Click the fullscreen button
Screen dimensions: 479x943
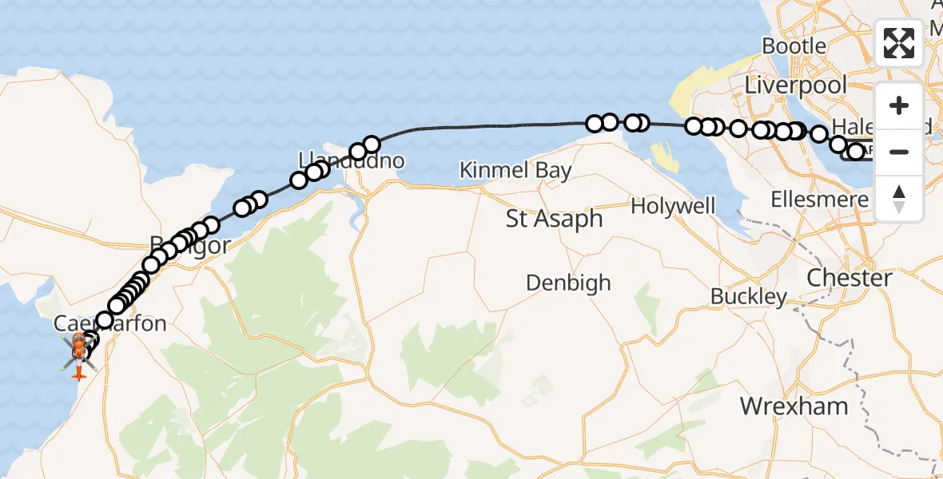tap(899, 43)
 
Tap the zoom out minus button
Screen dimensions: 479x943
tap(899, 152)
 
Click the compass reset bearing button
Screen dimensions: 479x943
tap(899, 197)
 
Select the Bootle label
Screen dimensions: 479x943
tap(794, 46)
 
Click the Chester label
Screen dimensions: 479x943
tap(849, 279)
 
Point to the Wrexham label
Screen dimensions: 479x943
tap(794, 406)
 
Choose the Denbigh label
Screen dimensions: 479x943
tap(568, 283)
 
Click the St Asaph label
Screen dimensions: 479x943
tap(555, 219)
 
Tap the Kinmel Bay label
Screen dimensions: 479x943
tap(516, 170)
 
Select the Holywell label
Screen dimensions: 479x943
tap(673, 207)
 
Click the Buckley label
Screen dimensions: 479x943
tap(749, 297)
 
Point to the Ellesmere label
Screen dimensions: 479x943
tap(818, 200)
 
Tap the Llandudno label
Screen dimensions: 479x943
tap(352, 160)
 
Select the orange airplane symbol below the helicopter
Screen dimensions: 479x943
tap(78, 373)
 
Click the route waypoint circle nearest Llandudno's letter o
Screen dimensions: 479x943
tap(372, 144)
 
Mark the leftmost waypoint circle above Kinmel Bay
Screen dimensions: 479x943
tap(595, 124)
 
